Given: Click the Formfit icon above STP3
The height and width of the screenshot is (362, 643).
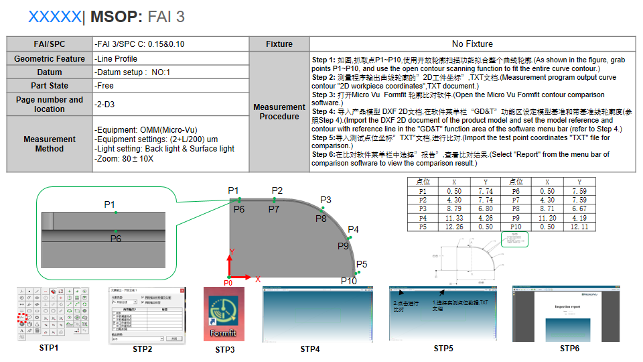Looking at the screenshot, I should (224, 314).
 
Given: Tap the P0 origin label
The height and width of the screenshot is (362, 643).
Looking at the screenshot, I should (228, 283).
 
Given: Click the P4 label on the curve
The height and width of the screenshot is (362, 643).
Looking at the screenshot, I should (353, 230).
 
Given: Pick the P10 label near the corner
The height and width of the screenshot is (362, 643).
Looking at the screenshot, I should (348, 281).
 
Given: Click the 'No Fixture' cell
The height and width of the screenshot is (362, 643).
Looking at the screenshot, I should (472, 44).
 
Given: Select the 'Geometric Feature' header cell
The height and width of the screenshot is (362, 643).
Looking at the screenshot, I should (50, 59).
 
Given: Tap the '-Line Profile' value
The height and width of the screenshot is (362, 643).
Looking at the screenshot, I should (117, 59).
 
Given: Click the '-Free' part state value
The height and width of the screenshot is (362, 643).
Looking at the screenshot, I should (105, 86).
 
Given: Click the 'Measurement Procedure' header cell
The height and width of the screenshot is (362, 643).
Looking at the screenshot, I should (279, 111).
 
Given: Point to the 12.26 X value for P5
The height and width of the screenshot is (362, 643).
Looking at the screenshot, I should (454, 227).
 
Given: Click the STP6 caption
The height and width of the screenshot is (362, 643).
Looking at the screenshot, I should (569, 349).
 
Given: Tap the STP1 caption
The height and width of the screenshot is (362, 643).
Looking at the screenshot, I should (48, 348).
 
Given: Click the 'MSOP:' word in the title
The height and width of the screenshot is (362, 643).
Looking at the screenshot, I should (115, 17).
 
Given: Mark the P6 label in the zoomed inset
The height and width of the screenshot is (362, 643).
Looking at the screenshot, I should (116, 239).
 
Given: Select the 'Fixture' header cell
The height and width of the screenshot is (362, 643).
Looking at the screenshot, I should (279, 44).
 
